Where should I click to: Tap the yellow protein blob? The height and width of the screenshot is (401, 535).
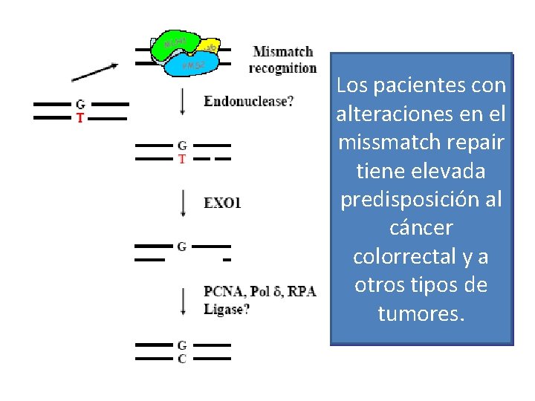[210, 48]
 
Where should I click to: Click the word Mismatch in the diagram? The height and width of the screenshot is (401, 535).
[283, 52]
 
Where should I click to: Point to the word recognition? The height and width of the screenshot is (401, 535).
[282, 68]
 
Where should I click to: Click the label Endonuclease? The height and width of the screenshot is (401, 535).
[248, 100]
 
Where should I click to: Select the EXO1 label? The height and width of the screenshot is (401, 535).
[222, 202]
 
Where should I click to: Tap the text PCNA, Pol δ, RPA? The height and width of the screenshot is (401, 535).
[259, 291]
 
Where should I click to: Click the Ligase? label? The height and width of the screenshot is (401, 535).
[227, 308]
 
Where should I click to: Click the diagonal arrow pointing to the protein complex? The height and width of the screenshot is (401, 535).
[94, 71]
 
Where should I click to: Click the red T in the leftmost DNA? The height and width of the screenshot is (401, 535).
[80, 118]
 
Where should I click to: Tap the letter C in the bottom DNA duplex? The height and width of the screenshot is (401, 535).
[181, 359]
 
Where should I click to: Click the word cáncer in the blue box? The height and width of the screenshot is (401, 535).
[421, 228]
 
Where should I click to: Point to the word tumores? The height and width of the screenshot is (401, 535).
[421, 314]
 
